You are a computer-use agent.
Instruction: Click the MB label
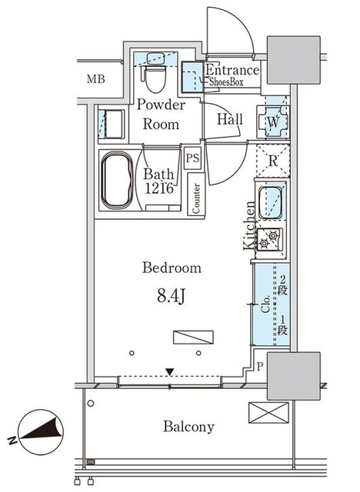tap(95, 79)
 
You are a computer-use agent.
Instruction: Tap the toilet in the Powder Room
tap(155, 78)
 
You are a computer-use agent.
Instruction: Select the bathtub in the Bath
tap(118, 180)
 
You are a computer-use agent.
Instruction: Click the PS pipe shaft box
tap(192, 158)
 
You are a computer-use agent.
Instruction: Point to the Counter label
tap(196, 198)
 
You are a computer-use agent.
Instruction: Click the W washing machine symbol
tap(272, 121)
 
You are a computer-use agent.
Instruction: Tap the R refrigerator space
tap(273, 161)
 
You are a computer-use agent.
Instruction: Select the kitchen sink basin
tap(269, 203)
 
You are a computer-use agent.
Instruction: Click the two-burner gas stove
tap(269, 239)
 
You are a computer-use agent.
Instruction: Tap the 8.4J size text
tap(171, 295)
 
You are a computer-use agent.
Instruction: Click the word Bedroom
tap(172, 268)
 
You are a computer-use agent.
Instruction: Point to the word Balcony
tap(188, 427)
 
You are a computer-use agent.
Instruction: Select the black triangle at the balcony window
tap(170, 372)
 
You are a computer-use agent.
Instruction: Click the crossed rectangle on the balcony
tap(268, 413)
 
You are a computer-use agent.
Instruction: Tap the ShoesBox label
tap(226, 82)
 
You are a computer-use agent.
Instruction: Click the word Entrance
tap(232, 70)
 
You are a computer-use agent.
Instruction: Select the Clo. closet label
tap(266, 304)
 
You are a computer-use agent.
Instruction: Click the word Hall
tap(230, 119)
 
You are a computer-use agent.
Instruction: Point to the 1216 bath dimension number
tap(158, 188)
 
